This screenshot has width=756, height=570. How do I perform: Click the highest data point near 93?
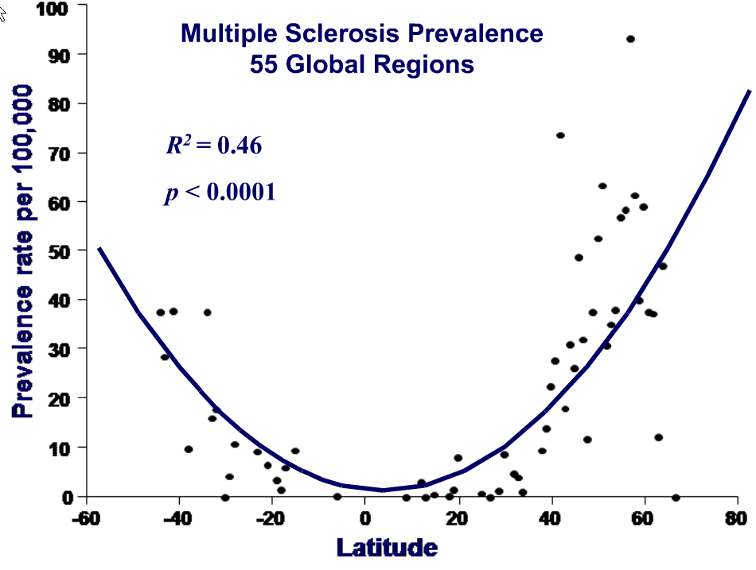(x=630, y=39)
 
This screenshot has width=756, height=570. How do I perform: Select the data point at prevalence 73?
(x=560, y=136)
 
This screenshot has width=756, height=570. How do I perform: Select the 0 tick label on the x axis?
(x=364, y=518)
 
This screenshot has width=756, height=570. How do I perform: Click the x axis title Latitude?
(x=387, y=548)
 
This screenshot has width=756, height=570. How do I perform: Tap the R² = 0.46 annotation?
(x=213, y=145)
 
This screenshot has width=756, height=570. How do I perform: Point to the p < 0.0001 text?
(x=220, y=193)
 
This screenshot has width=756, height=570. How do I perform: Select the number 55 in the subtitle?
(x=263, y=64)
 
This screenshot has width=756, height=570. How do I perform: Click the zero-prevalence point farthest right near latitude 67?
(x=676, y=498)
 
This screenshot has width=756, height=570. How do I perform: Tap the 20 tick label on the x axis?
(x=458, y=518)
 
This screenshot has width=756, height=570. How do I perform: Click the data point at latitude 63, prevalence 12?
(x=658, y=438)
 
